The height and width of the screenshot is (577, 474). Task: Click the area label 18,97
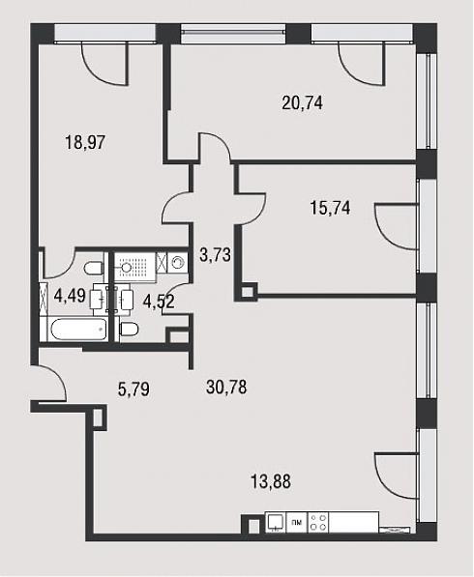coord(85,142)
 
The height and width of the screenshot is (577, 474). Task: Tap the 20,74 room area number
coord(303,102)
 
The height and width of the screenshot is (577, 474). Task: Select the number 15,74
coord(331,208)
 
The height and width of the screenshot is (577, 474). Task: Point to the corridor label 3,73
coord(215,254)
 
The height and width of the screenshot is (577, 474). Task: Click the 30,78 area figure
coord(226,388)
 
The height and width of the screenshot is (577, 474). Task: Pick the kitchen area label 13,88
coord(271,481)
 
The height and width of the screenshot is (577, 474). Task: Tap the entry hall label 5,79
coord(133,389)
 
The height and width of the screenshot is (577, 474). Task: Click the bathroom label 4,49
coord(70,295)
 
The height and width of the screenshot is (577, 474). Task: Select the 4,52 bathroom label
coord(159,303)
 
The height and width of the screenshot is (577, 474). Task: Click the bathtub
coord(78,329)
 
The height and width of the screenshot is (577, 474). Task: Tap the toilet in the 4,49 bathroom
coord(94,268)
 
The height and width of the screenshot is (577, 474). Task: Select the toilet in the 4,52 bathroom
coord(129,329)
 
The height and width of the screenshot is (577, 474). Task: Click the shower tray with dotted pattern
coord(133,266)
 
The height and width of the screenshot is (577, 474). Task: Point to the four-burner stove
coord(318,522)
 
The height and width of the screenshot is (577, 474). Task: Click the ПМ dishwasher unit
coord(297,522)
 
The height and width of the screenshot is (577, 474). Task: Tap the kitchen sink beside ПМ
coord(276,522)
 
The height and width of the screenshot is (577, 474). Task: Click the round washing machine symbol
coord(178,263)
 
